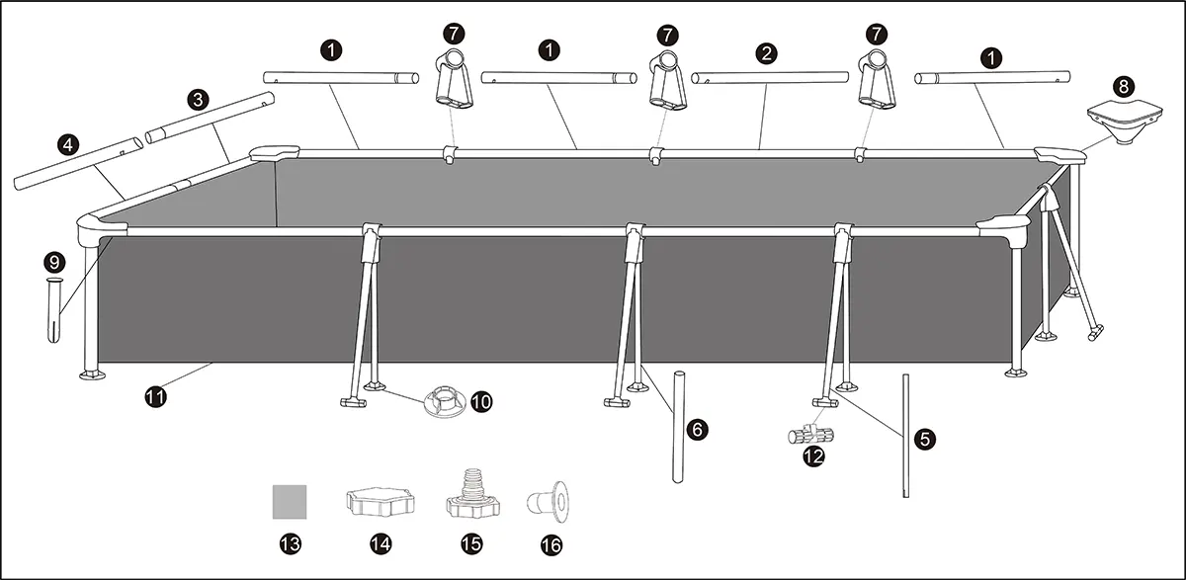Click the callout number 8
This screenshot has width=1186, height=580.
tap(1126, 85)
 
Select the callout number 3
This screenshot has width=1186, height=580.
tap(198, 100)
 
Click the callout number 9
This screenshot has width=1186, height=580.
tap(54, 262)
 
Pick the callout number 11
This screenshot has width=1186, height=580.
tap(155, 397)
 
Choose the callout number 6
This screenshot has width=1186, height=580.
tap(697, 429)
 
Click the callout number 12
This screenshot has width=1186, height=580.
tap(812, 456)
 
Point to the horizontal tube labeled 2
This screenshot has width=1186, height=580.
tap(770, 78)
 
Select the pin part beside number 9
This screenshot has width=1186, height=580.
tap(54, 311)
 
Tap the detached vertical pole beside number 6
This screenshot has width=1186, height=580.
tap(679, 427)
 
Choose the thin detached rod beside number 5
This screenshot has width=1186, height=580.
tap(905, 437)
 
